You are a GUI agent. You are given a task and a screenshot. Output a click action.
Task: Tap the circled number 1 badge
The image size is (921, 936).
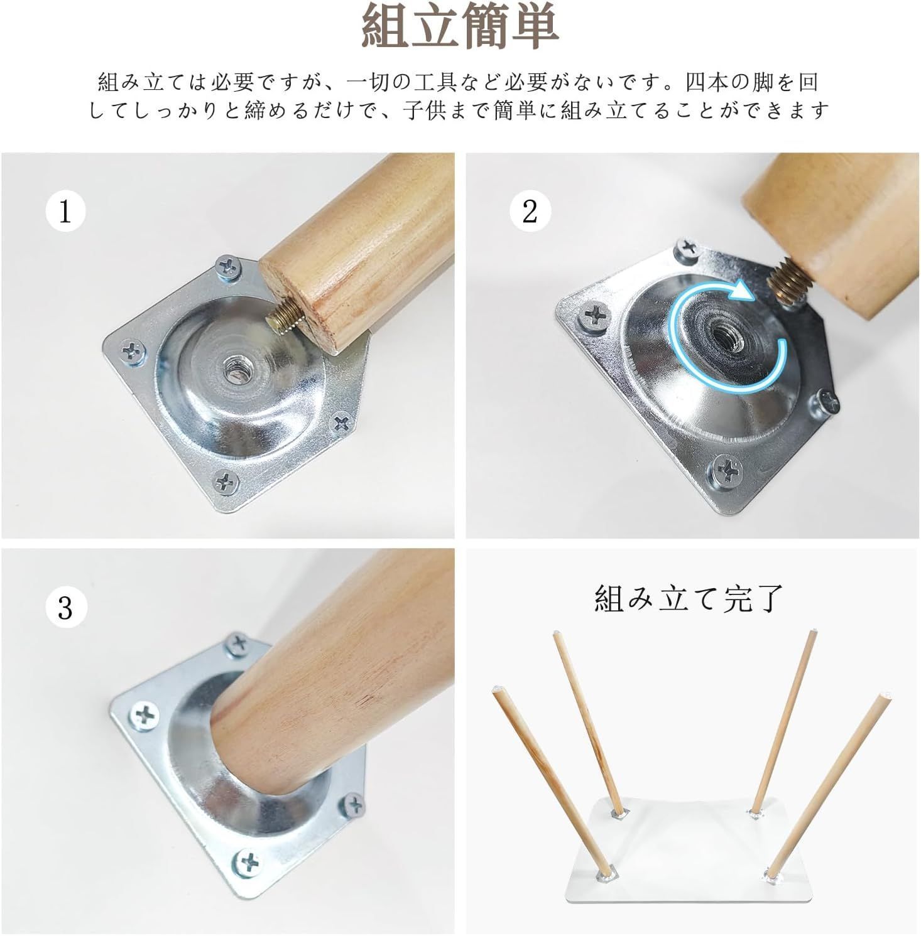tap(65, 212)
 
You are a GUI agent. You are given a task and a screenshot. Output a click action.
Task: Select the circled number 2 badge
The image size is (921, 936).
tap(530, 212)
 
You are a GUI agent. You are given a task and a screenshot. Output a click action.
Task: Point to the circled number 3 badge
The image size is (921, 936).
tap(65, 608)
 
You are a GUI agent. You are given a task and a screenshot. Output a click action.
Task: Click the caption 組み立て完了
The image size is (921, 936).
tap(688, 598)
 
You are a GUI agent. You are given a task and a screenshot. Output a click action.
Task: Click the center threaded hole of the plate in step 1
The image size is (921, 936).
tap(234, 371)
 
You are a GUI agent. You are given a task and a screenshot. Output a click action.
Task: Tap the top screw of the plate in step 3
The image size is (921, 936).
tap(237, 643)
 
